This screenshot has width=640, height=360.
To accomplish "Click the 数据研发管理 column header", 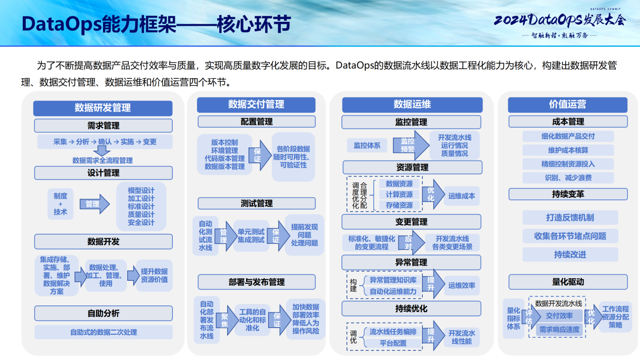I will (x=103, y=108).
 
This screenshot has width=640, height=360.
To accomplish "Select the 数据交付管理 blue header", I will (x=256, y=105).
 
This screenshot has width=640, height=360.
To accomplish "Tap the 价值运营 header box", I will (x=567, y=105).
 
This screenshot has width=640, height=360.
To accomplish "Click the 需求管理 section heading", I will (x=103, y=126).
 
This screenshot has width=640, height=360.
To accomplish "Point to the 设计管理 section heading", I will (x=103, y=173).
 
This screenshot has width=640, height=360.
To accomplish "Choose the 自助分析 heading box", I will (x=103, y=313).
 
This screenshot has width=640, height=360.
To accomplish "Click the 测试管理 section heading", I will (x=256, y=203).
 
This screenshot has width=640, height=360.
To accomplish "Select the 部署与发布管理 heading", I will (x=256, y=282).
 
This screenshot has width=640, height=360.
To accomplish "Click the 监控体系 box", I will (x=367, y=145).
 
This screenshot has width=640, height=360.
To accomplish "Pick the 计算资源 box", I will (x=399, y=194).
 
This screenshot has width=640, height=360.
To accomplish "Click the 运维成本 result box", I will (x=462, y=196).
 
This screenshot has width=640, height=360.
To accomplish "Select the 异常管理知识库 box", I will (x=393, y=280).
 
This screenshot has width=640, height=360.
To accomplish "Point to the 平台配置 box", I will (x=393, y=343).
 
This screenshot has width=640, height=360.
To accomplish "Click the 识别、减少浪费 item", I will (x=568, y=178).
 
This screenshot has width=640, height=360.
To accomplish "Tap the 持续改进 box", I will (x=570, y=254).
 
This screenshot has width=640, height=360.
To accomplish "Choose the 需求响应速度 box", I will (x=559, y=330).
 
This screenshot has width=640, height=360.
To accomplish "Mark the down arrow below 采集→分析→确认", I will (x=103, y=150).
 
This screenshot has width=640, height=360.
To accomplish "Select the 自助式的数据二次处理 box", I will (x=103, y=332).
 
